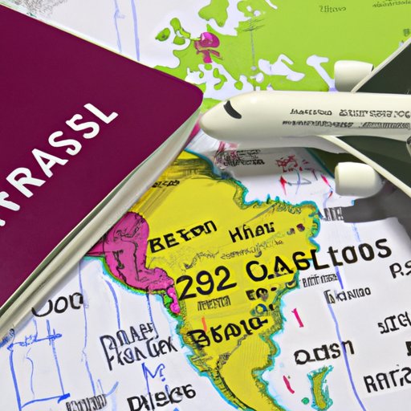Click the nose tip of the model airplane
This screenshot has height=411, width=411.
(205, 124)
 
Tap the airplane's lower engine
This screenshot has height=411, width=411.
(358, 179)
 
